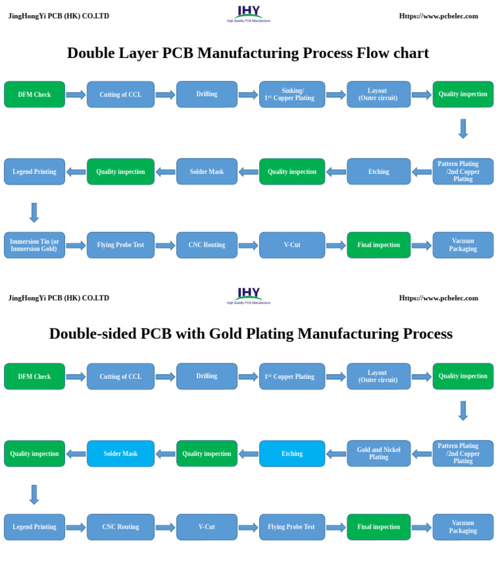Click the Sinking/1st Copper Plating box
point(292,94)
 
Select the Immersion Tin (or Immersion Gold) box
point(35,245)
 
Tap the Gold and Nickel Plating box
point(379,453)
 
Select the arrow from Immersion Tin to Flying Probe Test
point(76,246)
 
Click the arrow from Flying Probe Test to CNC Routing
point(165,246)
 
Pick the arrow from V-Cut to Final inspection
point(336,246)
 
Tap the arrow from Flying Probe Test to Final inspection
point(336,527)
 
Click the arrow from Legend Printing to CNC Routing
point(76,527)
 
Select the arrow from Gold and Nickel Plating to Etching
point(336,453)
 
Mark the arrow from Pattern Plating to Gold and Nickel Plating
point(422,453)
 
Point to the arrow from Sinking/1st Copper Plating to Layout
point(336,94)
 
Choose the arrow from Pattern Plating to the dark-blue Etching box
point(422,172)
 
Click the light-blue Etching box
point(292,453)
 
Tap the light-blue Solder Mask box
point(120,453)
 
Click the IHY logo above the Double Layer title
point(248,12)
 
